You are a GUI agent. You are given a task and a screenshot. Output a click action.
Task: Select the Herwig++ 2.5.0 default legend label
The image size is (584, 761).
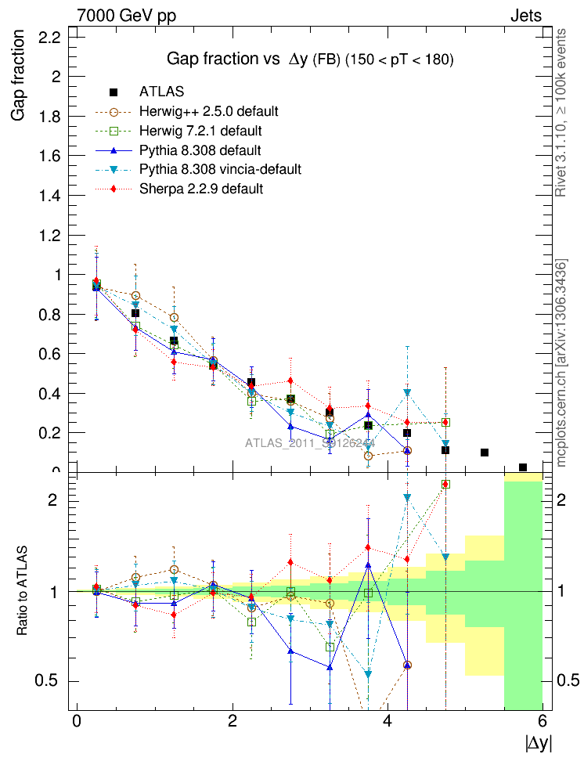click(209, 110)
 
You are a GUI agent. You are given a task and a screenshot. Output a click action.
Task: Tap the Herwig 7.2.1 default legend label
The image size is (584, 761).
click(200, 130)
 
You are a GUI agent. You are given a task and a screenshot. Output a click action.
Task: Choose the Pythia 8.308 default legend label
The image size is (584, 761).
click(200, 150)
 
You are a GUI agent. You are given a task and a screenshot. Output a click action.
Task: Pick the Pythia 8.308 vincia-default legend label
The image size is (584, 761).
click(220, 169)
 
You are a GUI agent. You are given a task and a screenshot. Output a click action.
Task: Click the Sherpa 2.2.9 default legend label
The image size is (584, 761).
click(201, 189)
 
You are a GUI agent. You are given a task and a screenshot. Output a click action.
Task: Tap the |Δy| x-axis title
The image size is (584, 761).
click(539, 743)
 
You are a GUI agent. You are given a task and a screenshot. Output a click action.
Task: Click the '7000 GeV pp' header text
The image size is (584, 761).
click(127, 16)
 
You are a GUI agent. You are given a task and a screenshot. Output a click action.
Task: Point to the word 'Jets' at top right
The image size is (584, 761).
click(525, 16)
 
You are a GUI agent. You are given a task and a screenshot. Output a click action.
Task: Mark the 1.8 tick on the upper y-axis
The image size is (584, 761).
click(51, 116)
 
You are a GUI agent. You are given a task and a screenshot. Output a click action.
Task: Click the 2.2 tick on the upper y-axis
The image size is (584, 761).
click(51, 37)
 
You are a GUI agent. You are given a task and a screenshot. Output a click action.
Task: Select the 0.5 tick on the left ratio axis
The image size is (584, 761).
click(49, 681)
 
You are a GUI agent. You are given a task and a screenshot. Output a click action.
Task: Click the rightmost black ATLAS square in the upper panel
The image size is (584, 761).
click(523, 467)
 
